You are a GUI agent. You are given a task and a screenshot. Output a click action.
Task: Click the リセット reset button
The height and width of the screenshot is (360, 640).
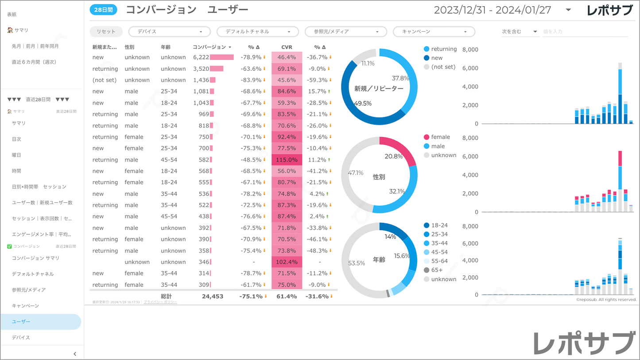106,31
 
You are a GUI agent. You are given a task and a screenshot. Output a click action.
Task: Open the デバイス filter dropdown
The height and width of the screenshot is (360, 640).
169,31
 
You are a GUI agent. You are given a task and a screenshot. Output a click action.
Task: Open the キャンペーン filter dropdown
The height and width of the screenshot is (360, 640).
434,31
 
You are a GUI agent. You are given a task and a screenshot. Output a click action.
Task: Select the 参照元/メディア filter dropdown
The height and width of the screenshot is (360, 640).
345,31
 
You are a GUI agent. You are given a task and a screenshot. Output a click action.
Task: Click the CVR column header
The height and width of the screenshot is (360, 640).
287,47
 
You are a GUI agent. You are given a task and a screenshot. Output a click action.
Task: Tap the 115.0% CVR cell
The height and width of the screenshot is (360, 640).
286,159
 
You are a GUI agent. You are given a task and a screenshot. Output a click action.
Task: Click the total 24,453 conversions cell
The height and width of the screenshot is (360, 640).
213,296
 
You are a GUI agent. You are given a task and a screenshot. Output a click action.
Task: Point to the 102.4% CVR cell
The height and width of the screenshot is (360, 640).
286,262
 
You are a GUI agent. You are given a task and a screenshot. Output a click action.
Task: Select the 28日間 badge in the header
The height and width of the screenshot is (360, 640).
103,10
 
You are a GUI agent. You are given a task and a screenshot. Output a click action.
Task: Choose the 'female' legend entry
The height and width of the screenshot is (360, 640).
440,137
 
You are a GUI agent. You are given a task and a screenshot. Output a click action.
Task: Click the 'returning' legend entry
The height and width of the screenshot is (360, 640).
444,49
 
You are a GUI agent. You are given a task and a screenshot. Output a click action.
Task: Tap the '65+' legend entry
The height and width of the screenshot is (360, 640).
437,270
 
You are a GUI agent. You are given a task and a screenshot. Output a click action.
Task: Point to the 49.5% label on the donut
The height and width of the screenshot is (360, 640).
363,103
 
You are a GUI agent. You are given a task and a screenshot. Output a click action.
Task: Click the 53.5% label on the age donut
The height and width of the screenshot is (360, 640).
357,263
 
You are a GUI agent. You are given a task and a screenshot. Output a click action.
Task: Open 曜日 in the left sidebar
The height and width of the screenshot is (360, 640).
16,155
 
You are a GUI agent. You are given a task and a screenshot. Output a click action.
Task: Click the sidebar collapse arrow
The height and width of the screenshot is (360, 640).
75,354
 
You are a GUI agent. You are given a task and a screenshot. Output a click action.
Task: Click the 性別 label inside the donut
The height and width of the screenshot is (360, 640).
379,177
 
